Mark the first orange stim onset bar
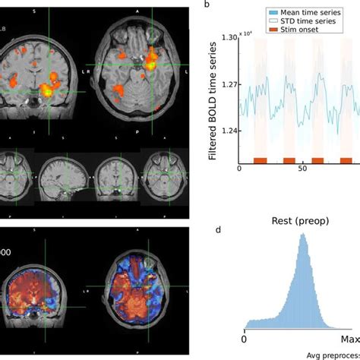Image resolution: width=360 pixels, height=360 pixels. pyautogui.click(x=260, y=160)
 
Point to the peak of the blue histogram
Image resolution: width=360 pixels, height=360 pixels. pyautogui.click(x=302, y=236)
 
